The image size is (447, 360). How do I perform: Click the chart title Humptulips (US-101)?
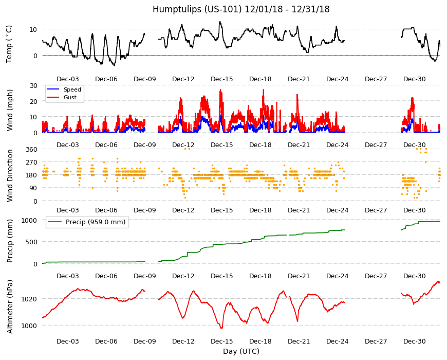pyautogui.click(x=197, y=9)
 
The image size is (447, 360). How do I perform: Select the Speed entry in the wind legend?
pyautogui.click(x=72, y=89)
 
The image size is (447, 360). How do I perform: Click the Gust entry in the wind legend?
pyautogui.click(x=70, y=97)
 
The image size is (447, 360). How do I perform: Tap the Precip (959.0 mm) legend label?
pyautogui.click(x=96, y=222)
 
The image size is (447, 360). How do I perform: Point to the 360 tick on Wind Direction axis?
pyautogui.click(x=32, y=150)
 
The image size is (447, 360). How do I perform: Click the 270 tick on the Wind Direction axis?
pyautogui.click(x=32, y=163)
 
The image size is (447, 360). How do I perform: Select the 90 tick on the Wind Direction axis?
pyautogui.click(x=33, y=188)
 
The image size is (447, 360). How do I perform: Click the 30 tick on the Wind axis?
pyautogui.click(x=33, y=85)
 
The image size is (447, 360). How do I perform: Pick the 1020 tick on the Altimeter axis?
pyautogui.click(x=29, y=299)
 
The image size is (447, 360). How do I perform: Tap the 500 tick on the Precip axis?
pyautogui.click(x=32, y=242)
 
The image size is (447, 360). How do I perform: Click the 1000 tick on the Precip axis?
pyautogui.click(x=29, y=220)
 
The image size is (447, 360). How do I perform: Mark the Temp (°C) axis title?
pyautogui.click(x=9, y=44)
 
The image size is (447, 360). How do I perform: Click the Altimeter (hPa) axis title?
pyautogui.click(x=10, y=307)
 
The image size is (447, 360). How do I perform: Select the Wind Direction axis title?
pyautogui.click(x=10, y=175)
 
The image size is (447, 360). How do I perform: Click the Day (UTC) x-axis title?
pyautogui.click(x=241, y=351)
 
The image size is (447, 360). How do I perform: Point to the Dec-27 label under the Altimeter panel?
pyautogui.click(x=376, y=341)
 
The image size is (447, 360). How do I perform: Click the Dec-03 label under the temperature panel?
pyautogui.click(x=67, y=79)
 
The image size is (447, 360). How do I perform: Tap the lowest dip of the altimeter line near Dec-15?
pyautogui.click(x=221, y=328)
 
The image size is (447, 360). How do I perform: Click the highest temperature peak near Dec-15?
pyautogui.click(x=220, y=22)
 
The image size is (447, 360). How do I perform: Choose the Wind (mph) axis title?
pyautogui.click(x=10, y=110)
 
